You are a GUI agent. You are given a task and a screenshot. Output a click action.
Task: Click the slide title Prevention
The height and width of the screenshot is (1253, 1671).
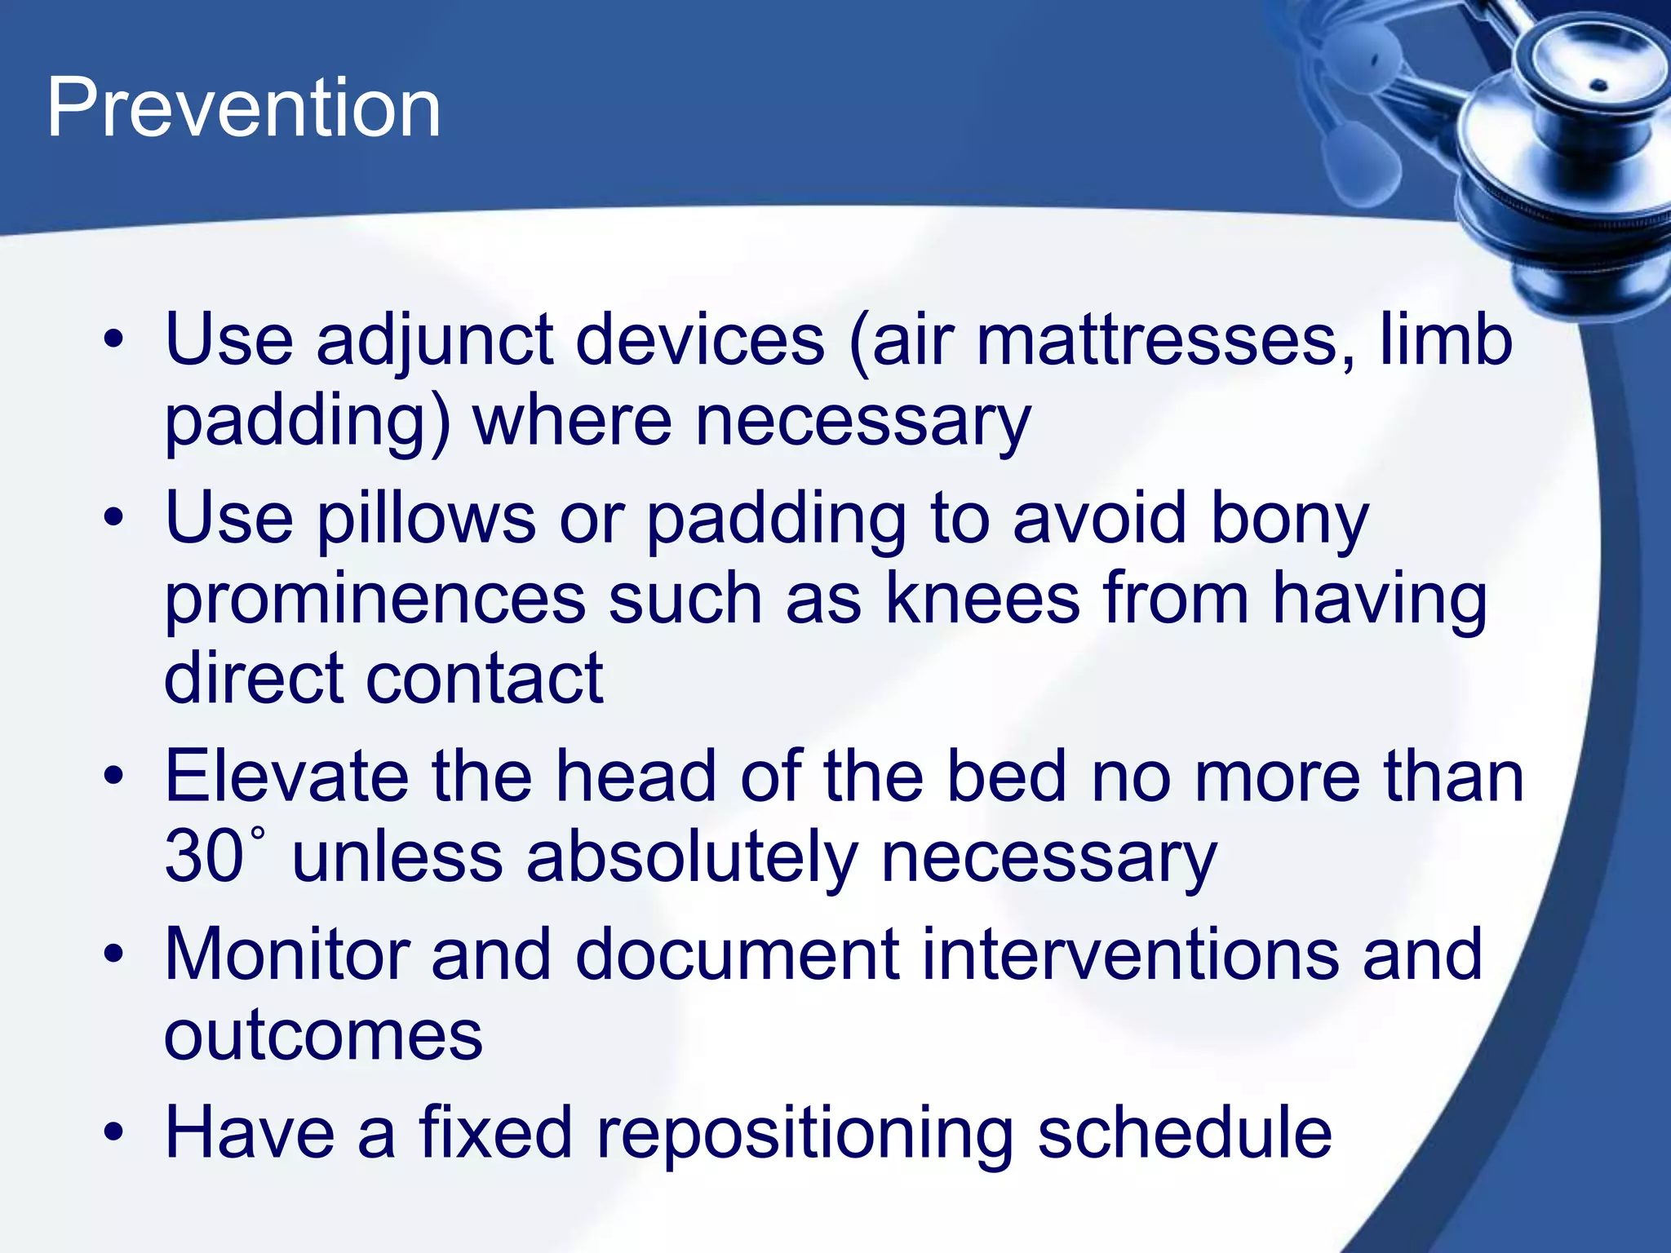point(243,108)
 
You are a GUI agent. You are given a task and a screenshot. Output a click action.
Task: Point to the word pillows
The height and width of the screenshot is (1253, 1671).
point(426,519)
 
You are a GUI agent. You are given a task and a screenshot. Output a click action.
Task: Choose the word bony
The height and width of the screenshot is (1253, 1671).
point(1289,519)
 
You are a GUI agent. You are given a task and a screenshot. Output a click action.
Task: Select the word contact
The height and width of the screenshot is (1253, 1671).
point(485,679)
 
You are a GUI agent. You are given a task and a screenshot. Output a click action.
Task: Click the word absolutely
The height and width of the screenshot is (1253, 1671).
point(692,858)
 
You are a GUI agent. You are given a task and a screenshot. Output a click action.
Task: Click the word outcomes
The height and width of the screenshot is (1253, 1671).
point(323,1036)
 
